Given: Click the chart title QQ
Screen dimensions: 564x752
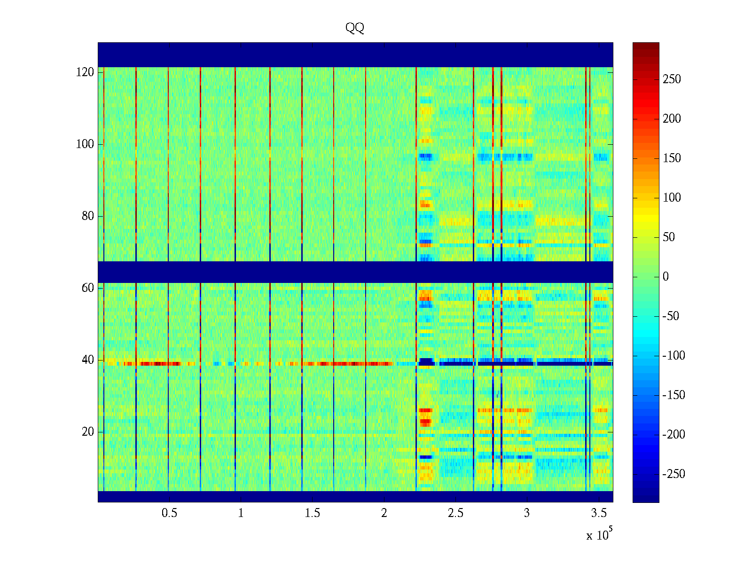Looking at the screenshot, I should [x=355, y=28].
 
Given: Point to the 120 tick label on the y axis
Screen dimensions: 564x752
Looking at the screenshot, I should [x=85, y=72].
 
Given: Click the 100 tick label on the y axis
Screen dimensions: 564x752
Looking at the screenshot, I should [x=85, y=144].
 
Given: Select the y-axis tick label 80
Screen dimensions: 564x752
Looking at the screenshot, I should [x=88, y=216].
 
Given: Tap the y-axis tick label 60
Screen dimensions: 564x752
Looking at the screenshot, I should [x=88, y=288].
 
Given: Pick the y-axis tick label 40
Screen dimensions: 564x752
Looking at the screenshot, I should [x=88, y=360].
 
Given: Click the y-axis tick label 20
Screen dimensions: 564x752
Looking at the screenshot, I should [x=88, y=432].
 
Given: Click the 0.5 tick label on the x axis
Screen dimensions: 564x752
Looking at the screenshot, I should [x=170, y=513].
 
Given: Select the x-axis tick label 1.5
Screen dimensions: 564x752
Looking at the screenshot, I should [x=313, y=513].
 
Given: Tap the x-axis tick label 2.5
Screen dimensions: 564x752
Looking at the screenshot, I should [x=455, y=513].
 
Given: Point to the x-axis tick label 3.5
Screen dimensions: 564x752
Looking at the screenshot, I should [x=598, y=513].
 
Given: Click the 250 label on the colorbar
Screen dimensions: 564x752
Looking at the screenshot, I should [x=672, y=79].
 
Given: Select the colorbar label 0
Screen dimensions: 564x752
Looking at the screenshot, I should [x=666, y=277].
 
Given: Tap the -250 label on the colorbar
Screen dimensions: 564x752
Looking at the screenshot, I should [x=674, y=474].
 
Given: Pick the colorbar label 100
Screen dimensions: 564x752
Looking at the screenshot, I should [x=672, y=198].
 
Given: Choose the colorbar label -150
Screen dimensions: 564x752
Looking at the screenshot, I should [x=674, y=395].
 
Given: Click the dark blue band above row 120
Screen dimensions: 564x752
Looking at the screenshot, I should [x=355, y=55].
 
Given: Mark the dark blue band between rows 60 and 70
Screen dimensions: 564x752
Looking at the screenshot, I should [x=355, y=272].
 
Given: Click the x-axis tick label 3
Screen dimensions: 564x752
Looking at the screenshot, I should [x=527, y=513].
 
